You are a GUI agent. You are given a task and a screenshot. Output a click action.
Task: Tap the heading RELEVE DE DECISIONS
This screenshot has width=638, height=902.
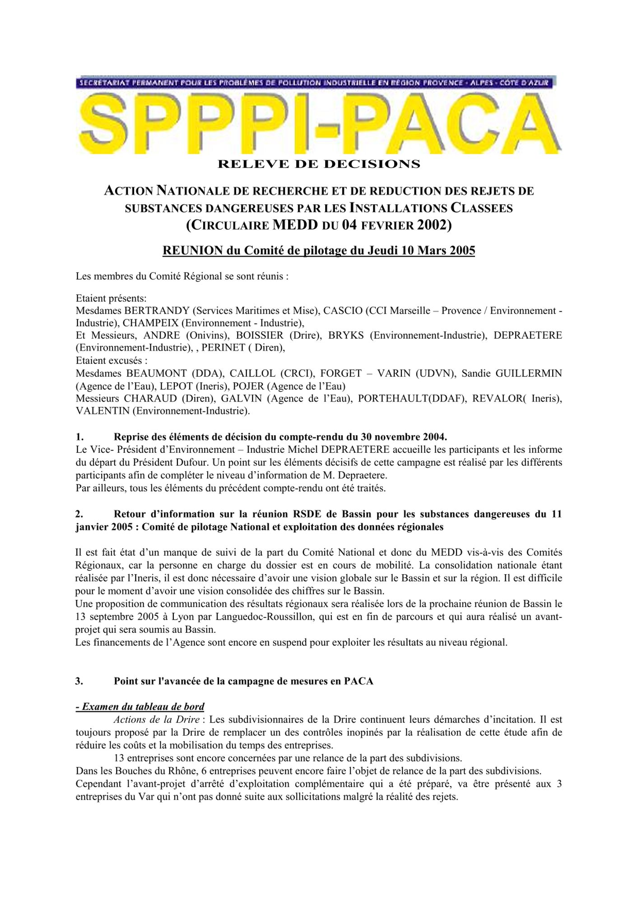click(319, 164)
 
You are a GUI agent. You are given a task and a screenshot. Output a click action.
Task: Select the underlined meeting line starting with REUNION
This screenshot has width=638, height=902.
click(318, 250)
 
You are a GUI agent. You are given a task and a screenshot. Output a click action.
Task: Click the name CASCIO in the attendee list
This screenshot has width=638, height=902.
click(343, 311)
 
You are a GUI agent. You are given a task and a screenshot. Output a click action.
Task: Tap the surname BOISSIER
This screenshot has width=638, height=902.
click(260, 336)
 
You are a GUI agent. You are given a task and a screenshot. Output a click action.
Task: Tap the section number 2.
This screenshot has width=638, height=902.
click(79, 514)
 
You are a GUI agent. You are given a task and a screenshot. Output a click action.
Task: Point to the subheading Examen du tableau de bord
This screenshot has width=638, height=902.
click(140, 707)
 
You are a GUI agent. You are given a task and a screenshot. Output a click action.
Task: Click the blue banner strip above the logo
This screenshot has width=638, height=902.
click(316, 82)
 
